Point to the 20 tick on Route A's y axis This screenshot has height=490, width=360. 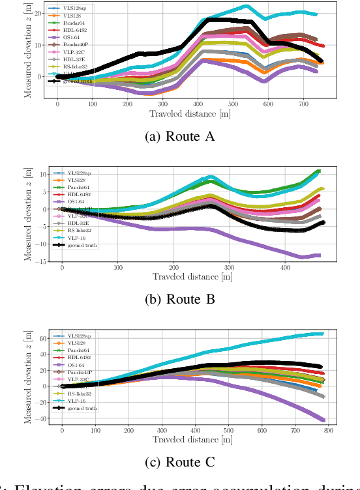pyautogui.click(x=38, y=13)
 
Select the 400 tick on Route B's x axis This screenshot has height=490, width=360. pyautogui.click(x=285, y=267)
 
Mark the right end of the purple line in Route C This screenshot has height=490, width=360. pyautogui.click(x=324, y=420)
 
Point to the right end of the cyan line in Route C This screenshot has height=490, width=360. pyautogui.click(x=323, y=334)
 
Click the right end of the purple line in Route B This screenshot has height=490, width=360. pyautogui.click(x=319, y=255)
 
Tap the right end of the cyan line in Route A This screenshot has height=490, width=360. pyautogui.click(x=316, y=14)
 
